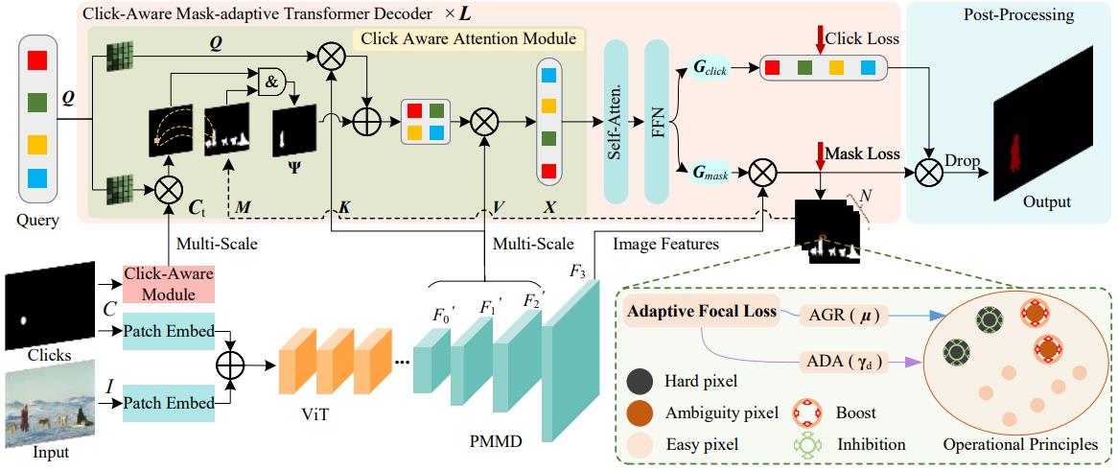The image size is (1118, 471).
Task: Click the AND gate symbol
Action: point(272,83)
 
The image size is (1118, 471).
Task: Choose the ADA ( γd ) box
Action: point(841,361)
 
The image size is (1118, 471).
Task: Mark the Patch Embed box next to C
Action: point(169,331)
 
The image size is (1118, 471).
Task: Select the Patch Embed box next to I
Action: point(169,404)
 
